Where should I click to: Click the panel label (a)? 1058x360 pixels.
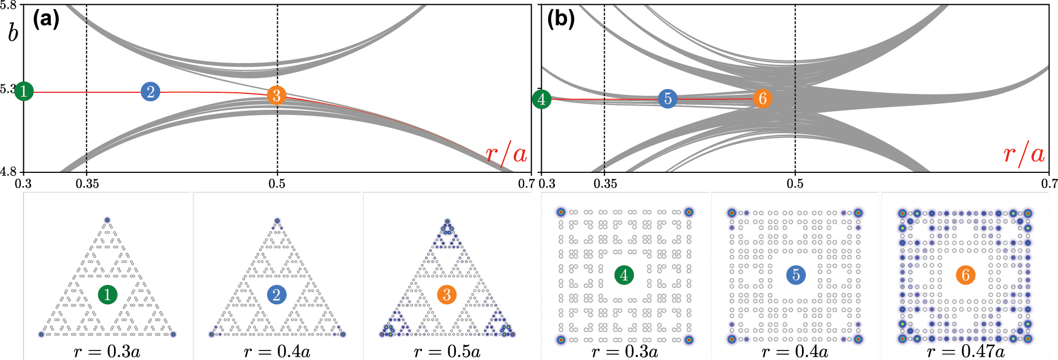[x=46, y=20]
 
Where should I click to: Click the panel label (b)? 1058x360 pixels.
[x=561, y=20]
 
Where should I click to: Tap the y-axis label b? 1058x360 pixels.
[x=13, y=33]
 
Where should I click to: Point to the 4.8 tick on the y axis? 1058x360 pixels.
[x=8, y=172]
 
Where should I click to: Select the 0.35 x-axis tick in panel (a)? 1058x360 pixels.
[x=87, y=184]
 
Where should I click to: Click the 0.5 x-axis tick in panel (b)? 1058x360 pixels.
[x=795, y=184]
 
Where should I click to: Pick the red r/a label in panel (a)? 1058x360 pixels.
[x=506, y=154]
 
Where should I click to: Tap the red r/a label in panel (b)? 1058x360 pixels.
[x=1024, y=154]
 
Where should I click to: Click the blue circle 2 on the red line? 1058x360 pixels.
[x=151, y=92]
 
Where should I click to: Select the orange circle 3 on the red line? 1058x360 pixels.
[x=276, y=95]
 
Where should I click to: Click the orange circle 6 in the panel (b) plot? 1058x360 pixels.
[x=762, y=98]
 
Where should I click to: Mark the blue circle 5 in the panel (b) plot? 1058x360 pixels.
[x=667, y=99]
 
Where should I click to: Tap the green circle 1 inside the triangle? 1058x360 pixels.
[x=108, y=294]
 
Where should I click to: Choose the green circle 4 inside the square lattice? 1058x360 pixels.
[x=624, y=275]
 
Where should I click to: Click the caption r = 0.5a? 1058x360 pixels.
[x=447, y=352]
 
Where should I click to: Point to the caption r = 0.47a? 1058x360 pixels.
[x=966, y=352]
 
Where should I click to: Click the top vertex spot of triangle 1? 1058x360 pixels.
[x=107, y=219]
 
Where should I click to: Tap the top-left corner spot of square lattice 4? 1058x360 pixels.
[x=561, y=212]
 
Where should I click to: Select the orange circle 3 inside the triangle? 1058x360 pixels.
[x=447, y=294]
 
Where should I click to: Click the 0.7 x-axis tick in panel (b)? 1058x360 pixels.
[x=1049, y=184]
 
